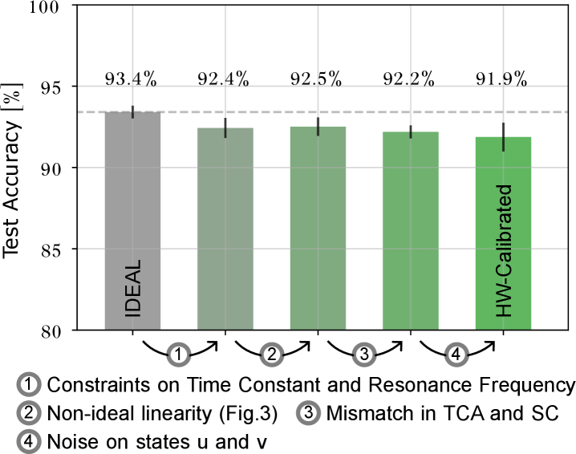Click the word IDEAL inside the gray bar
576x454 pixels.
pyautogui.click(x=133, y=289)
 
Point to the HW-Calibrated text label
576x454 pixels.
pyautogui.click(x=504, y=251)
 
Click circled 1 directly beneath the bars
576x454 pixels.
pyautogui.click(x=179, y=354)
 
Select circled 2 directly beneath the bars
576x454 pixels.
pyautogui.click(x=271, y=354)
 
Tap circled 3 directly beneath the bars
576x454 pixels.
pyautogui.click(x=364, y=354)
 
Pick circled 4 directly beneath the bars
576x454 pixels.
pyautogui.click(x=456, y=354)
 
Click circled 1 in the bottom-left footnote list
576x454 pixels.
pyautogui.click(x=29, y=384)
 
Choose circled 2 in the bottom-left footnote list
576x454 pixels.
pyautogui.click(x=29, y=413)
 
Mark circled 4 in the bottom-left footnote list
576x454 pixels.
pyautogui.click(x=29, y=441)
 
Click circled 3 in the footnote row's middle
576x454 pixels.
pyautogui.click(x=308, y=413)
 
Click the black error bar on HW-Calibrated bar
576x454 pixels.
pyautogui.click(x=503, y=137)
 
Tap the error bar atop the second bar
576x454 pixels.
pyautogui.click(x=225, y=128)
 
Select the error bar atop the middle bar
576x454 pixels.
pyautogui.click(x=318, y=127)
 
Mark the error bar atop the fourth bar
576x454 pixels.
pyautogui.click(x=411, y=132)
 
